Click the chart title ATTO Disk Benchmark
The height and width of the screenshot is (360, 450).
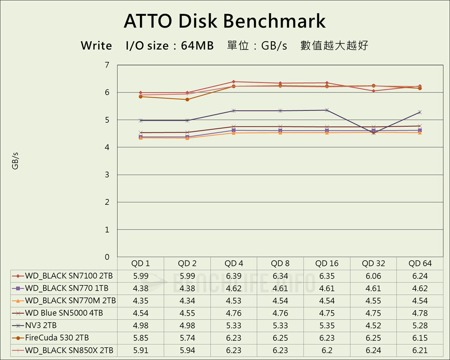[x=225, y=21]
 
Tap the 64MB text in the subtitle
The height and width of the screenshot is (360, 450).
[x=198, y=45]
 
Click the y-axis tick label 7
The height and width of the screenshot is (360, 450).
[x=107, y=65]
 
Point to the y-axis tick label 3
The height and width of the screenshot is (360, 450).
[x=107, y=175]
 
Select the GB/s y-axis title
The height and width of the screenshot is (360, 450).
[x=15, y=161]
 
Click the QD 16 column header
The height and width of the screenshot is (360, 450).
[x=327, y=264]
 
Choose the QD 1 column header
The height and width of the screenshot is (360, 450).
[x=140, y=264]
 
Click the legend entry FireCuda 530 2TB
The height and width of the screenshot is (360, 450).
[x=57, y=338]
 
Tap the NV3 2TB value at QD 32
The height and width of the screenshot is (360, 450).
[x=373, y=325]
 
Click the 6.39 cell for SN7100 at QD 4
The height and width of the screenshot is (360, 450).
[x=234, y=276]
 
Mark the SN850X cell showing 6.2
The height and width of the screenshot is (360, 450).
[x=327, y=350]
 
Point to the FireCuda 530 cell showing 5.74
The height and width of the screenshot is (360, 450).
[x=187, y=338]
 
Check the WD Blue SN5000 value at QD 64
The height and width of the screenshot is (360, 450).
[x=420, y=313]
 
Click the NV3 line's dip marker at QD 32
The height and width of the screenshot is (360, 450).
[x=373, y=133]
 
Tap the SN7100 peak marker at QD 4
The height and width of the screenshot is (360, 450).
[x=234, y=82]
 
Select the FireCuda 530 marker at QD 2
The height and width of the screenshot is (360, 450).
[x=187, y=99]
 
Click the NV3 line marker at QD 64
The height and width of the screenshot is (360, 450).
[x=420, y=112]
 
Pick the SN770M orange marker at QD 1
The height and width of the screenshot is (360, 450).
[x=140, y=138]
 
